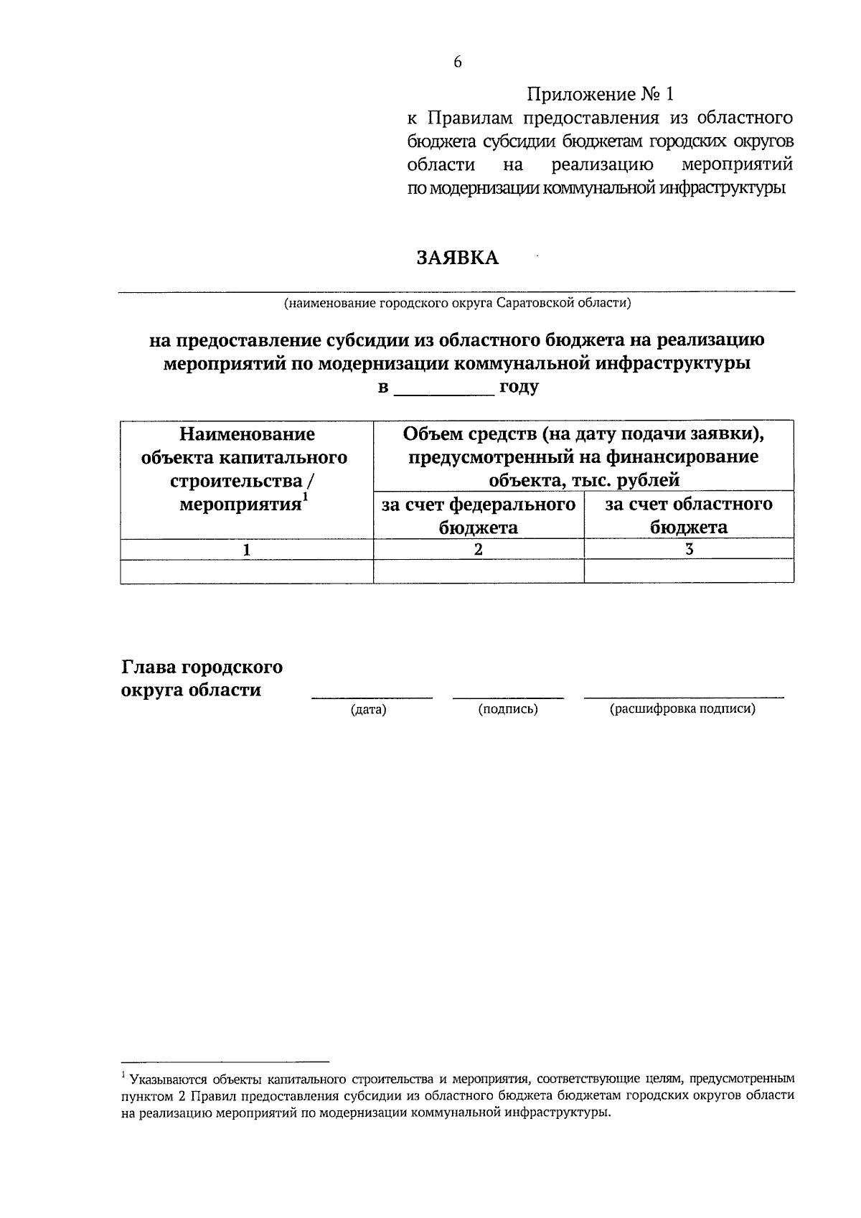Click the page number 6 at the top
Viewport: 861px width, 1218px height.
click(x=458, y=62)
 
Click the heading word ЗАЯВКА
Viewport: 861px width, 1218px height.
click(x=458, y=258)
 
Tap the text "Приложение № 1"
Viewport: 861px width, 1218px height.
click(x=601, y=94)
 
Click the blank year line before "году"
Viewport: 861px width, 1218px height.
click(x=445, y=388)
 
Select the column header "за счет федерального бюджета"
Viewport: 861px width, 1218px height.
click(x=479, y=515)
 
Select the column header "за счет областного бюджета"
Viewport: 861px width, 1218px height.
click(x=689, y=515)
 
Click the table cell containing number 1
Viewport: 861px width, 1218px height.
click(x=246, y=549)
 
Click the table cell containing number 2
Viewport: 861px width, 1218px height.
click(x=479, y=549)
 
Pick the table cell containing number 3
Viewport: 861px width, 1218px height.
click(x=689, y=549)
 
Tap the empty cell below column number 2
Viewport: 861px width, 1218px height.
click(x=479, y=571)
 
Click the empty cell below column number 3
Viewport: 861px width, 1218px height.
click(x=689, y=571)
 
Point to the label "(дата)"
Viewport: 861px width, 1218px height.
click(x=368, y=710)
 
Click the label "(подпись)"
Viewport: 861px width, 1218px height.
click(x=508, y=710)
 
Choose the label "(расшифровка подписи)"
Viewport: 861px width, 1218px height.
click(x=682, y=710)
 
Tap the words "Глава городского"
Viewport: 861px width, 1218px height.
click(x=202, y=667)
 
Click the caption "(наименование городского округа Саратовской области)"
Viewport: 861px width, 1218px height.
click(x=457, y=303)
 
